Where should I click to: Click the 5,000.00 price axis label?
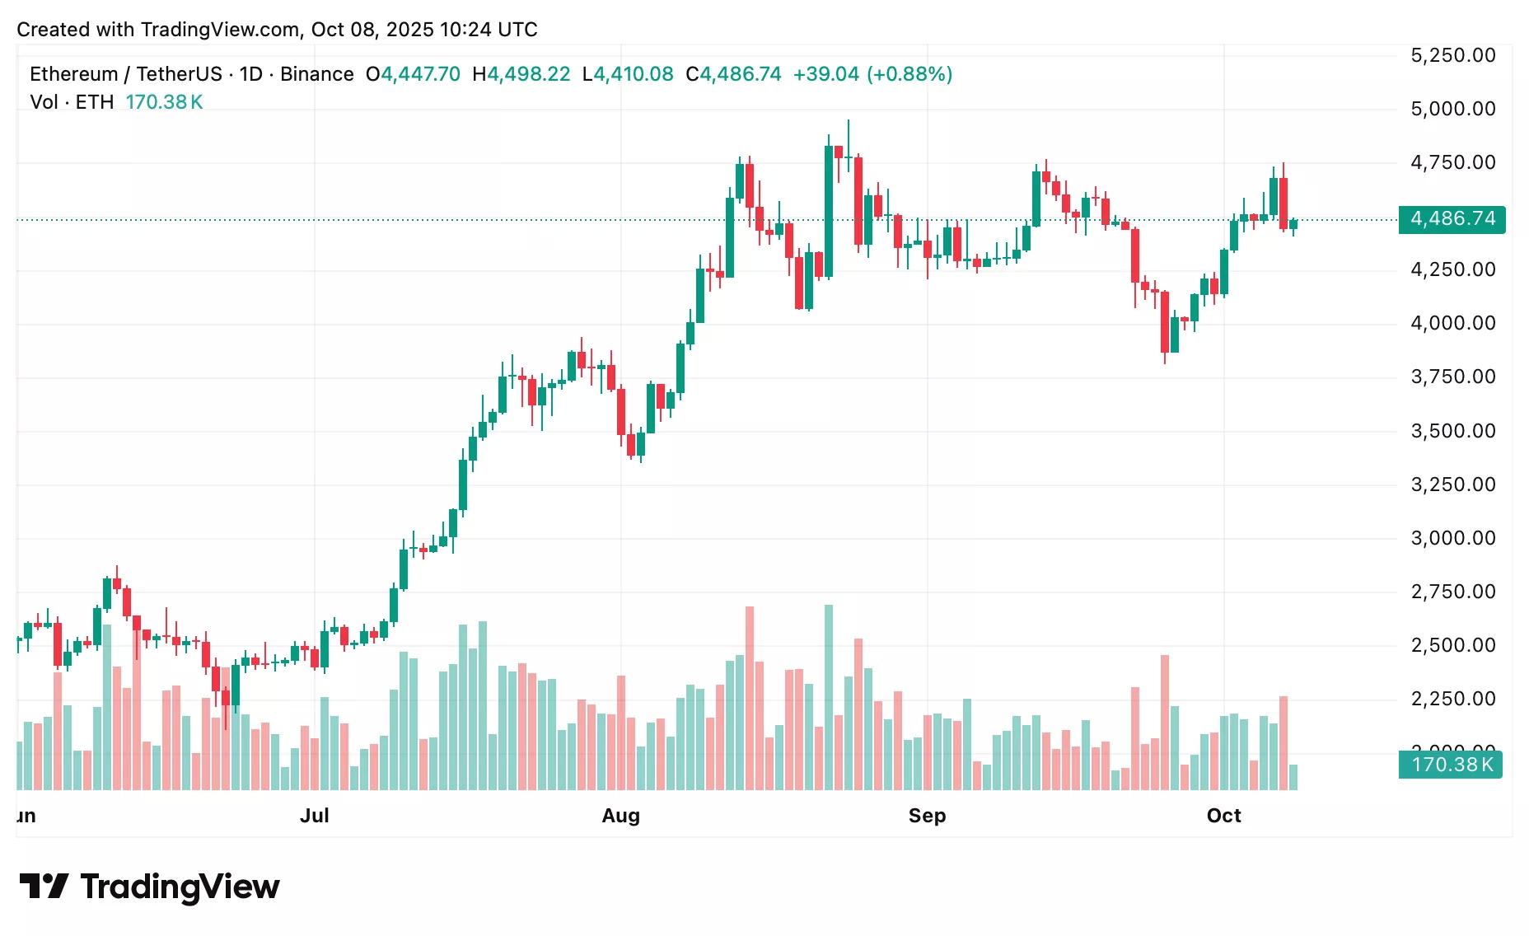[x=1452, y=109]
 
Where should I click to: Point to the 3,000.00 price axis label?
[x=1452, y=538]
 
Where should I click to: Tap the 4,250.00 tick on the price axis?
[x=1452, y=269]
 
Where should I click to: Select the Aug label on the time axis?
[x=620, y=816]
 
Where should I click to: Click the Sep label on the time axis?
[x=927, y=816]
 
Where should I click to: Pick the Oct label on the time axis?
[x=1223, y=816]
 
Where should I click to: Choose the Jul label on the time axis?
[x=314, y=816]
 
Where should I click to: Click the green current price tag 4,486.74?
[x=1452, y=219]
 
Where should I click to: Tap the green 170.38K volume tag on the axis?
[x=1451, y=765]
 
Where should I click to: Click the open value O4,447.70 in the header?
[x=413, y=74]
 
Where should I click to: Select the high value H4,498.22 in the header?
[x=521, y=74]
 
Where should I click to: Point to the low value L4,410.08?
[x=628, y=74]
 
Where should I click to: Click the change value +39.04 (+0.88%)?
[x=872, y=74]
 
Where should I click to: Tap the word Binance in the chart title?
[x=316, y=74]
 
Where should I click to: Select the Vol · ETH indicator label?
[x=72, y=102]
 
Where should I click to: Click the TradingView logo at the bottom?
[x=149, y=887]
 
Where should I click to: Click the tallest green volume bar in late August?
[x=829, y=697]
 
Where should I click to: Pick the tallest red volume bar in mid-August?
[x=750, y=698]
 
